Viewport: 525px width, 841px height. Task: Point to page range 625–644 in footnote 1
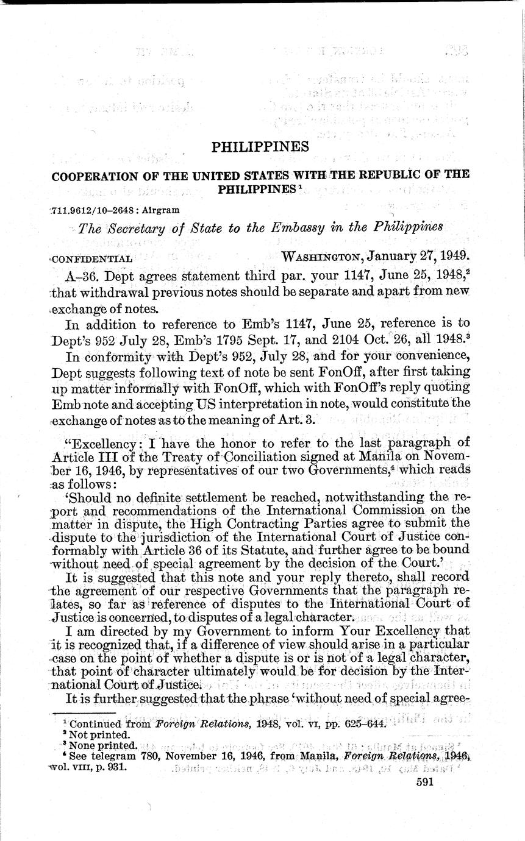pyautogui.click(x=368, y=725)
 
